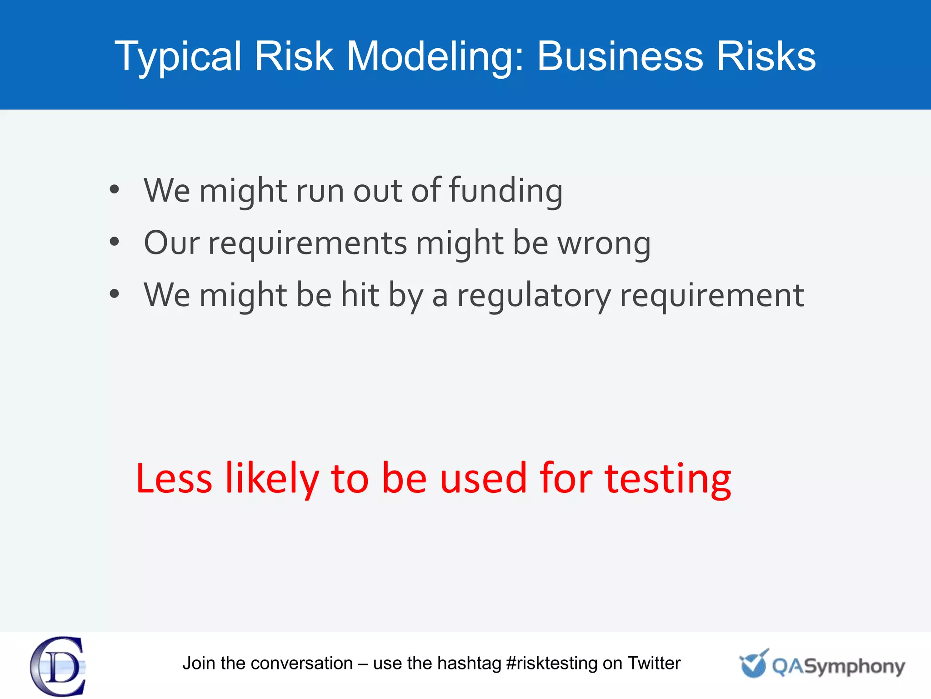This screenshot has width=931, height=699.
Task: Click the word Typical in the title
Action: [x=178, y=57]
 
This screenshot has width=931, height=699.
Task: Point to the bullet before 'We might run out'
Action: [x=114, y=190]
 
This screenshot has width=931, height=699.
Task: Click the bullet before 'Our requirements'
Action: [x=114, y=242]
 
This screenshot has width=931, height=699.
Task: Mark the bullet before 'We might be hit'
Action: [x=114, y=294]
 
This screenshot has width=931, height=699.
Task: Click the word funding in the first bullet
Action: [x=506, y=191]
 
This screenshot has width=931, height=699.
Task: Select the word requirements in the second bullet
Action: [x=307, y=243]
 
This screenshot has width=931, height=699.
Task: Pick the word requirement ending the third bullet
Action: [x=712, y=296]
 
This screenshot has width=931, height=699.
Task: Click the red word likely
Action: [x=272, y=479]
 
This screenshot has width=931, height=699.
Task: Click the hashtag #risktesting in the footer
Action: [x=551, y=664]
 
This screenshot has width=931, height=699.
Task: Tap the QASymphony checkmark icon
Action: [x=754, y=664]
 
